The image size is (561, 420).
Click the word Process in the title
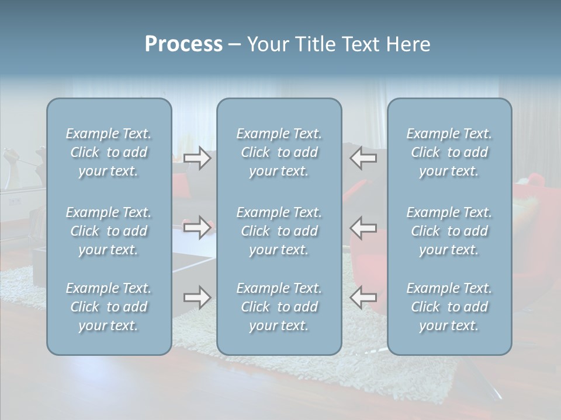(183, 44)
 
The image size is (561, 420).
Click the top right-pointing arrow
(198, 159)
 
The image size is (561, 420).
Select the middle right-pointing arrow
(198, 227)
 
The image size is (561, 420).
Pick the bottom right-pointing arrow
(198, 297)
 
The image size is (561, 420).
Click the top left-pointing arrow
(363, 159)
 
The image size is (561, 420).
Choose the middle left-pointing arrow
(363, 227)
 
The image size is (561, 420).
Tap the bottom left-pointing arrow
(363, 297)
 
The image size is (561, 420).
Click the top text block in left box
(109, 152)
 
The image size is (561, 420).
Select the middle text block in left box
(109, 231)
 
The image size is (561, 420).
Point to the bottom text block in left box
(109, 307)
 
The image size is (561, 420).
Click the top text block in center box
(279, 152)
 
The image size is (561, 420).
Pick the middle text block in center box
(279, 231)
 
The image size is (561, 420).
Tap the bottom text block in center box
(279, 307)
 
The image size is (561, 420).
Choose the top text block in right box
(449, 152)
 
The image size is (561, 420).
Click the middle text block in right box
(449, 231)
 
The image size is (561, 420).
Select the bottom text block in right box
(449, 307)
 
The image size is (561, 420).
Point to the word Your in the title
(266, 44)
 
